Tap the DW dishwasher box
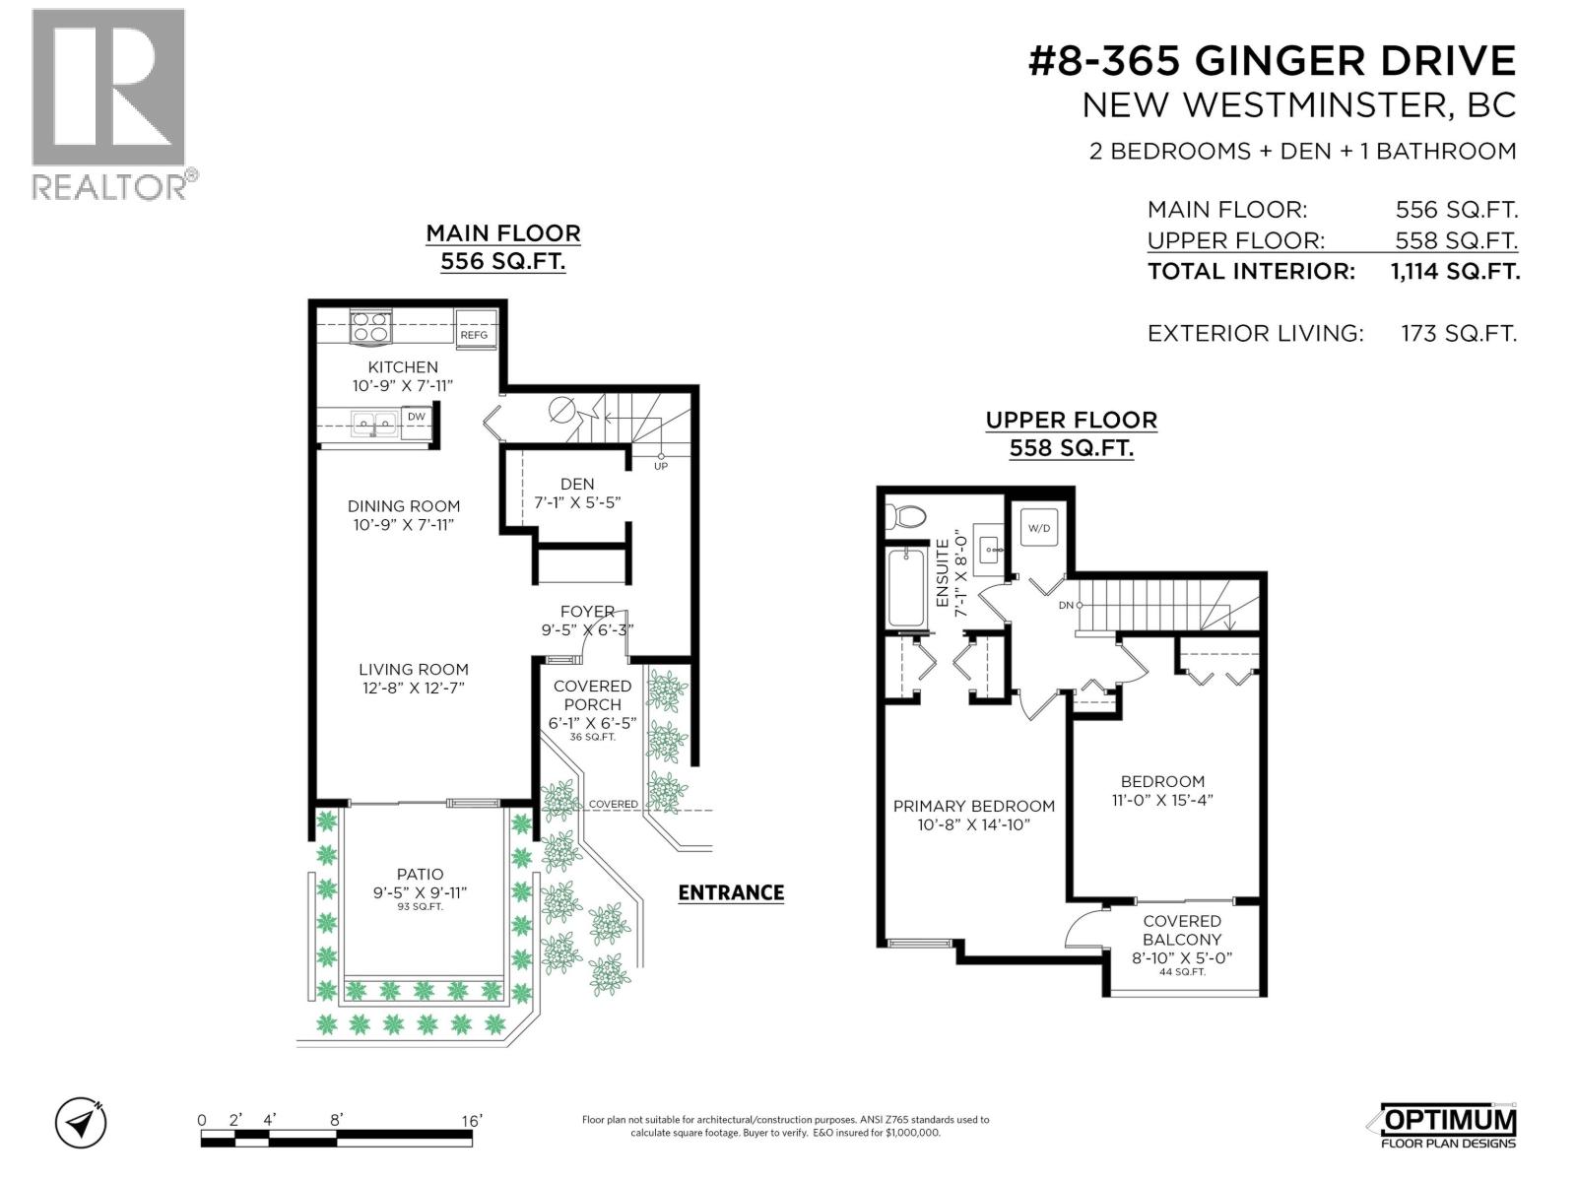[x=417, y=418]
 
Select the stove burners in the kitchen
[x=371, y=326]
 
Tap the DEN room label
[x=577, y=484]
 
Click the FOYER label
[x=587, y=612]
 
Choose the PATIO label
[x=420, y=874]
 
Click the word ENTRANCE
[x=731, y=892]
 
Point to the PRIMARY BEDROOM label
[x=973, y=806]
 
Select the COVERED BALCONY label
[x=1182, y=930]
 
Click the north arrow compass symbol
[x=81, y=1122]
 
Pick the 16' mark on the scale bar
[x=471, y=1121]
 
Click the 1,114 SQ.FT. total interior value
[x=1455, y=272]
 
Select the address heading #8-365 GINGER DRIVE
[x=1272, y=61]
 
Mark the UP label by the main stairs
[x=660, y=466]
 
